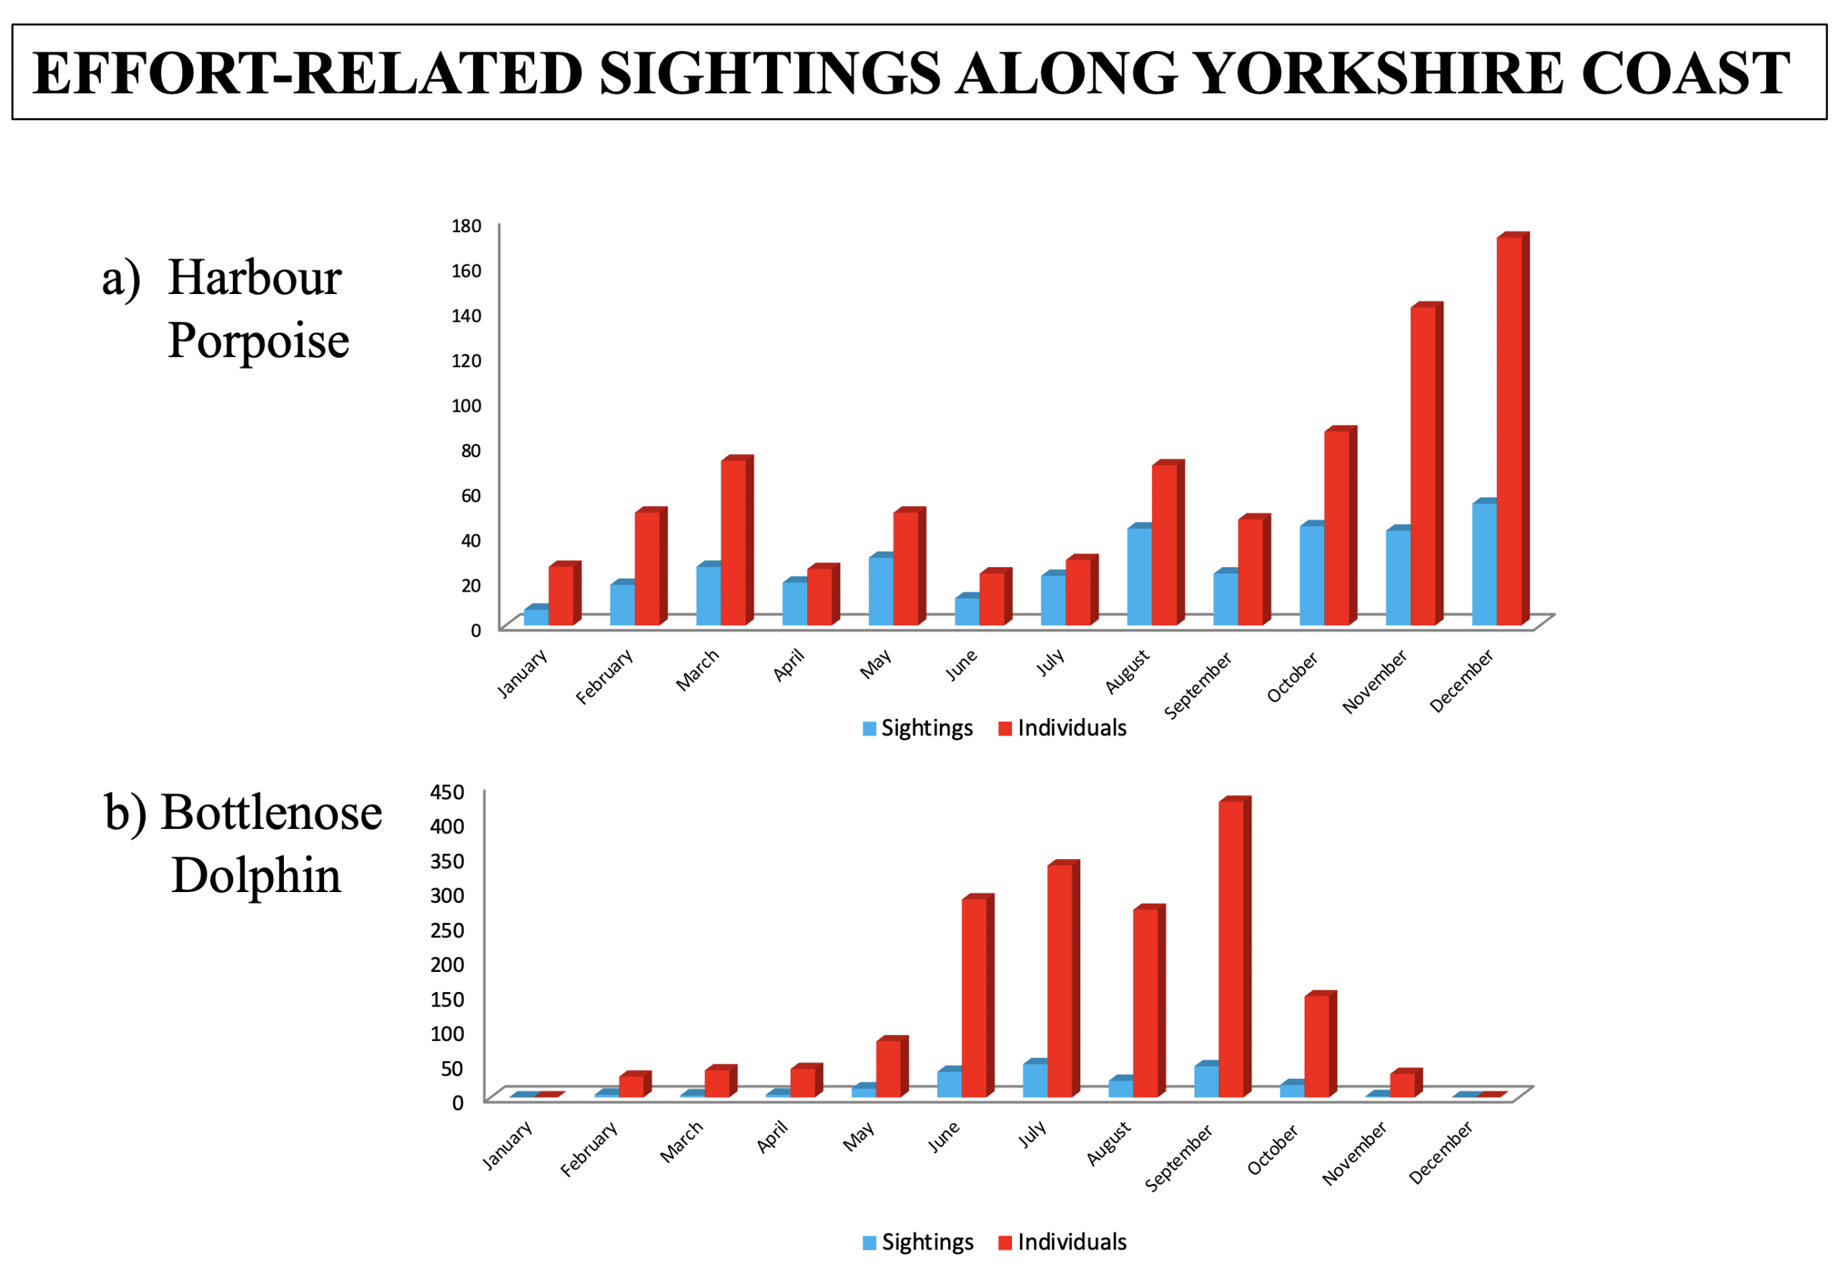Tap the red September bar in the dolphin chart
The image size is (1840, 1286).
1231,949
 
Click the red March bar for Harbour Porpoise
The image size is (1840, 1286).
732,543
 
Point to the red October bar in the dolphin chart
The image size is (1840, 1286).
1317,1046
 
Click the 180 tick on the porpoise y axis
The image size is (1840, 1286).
466,226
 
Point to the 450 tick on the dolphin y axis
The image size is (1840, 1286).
447,792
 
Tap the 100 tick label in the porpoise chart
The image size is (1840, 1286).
466,405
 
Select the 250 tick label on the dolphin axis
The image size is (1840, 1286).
447,930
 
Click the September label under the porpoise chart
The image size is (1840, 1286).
1197,686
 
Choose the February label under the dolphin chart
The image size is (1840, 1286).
589,1149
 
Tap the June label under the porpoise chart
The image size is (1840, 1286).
961,665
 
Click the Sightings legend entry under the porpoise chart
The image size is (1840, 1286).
918,728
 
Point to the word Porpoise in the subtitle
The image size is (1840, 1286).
258,341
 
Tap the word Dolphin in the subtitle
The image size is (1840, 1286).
257,875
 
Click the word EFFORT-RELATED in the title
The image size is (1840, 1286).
307,73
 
